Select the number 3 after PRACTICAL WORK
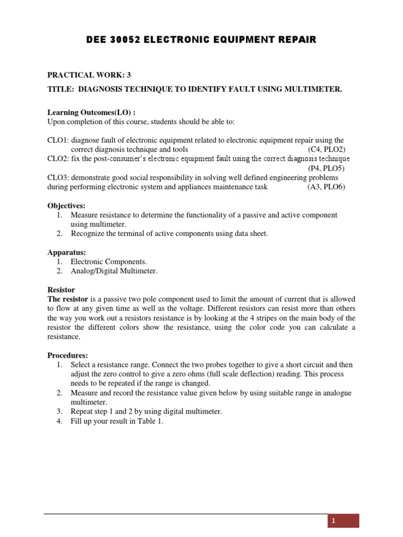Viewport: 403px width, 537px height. tap(129, 75)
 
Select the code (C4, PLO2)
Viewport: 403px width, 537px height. tap(326, 149)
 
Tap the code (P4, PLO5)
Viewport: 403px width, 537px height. tap(326, 168)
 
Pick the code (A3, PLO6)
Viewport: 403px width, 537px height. tap(326, 187)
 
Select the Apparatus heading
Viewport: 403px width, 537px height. tap(67, 252)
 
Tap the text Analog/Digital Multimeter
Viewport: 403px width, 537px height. tap(114, 271)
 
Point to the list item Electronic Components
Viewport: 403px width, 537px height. tap(109, 262)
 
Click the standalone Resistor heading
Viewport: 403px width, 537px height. tap(61, 289)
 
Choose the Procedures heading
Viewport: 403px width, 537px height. tap(68, 355)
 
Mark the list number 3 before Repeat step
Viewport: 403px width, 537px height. tap(60, 412)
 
